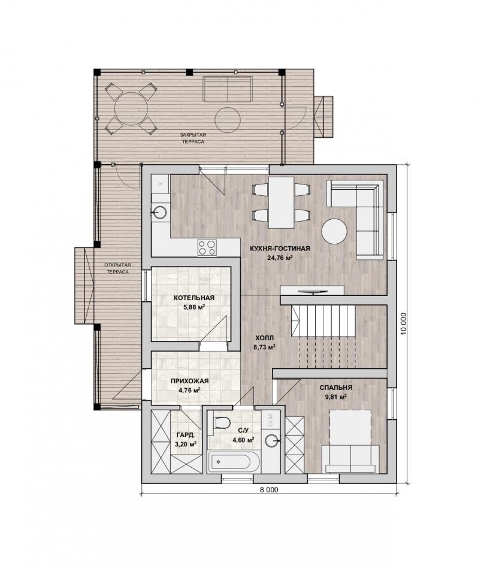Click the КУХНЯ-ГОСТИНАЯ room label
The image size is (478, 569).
[x=280, y=249]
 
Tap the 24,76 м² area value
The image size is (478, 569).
[x=280, y=258]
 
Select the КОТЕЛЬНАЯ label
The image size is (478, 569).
[x=194, y=298]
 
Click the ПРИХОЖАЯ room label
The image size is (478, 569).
[x=189, y=381]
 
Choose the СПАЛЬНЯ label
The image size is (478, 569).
[x=335, y=388]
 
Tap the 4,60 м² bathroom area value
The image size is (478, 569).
[x=243, y=440]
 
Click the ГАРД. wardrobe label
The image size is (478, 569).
[x=186, y=435]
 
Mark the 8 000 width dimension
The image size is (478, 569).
[x=269, y=490]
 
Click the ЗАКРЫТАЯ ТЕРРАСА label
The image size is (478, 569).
[x=193, y=138]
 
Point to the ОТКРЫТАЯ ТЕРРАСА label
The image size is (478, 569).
[x=117, y=268]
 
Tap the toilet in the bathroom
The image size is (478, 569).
[x=222, y=423]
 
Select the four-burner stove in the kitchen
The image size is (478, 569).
[x=207, y=247]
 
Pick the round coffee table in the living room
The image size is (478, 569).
[x=334, y=231]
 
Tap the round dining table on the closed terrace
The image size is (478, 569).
[x=131, y=108]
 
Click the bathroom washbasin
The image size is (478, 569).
[x=272, y=441]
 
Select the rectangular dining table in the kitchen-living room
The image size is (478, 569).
[x=282, y=202]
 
